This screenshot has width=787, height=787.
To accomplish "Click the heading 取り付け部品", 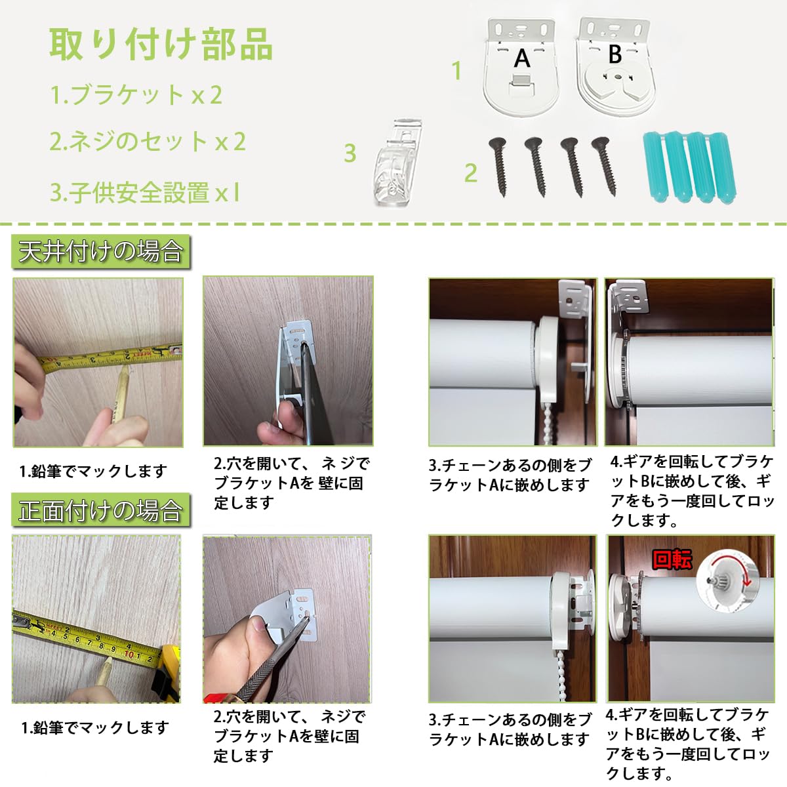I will (161, 45).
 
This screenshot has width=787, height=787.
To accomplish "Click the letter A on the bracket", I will (522, 58).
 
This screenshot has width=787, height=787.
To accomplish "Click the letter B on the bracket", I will (615, 54).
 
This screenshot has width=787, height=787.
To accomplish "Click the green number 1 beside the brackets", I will (457, 71).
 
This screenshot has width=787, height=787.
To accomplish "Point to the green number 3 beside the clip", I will (350, 153).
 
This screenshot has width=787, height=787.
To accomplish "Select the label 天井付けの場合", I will (100, 252).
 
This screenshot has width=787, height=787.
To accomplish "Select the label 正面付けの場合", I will (100, 510).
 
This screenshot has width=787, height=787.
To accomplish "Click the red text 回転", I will (672, 559).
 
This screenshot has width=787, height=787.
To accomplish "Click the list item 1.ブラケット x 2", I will (136, 95).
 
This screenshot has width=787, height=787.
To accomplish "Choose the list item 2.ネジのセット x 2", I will (148, 142).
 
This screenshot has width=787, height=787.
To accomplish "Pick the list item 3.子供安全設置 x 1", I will (145, 193).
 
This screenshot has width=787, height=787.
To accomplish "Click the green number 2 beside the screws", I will (470, 172).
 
